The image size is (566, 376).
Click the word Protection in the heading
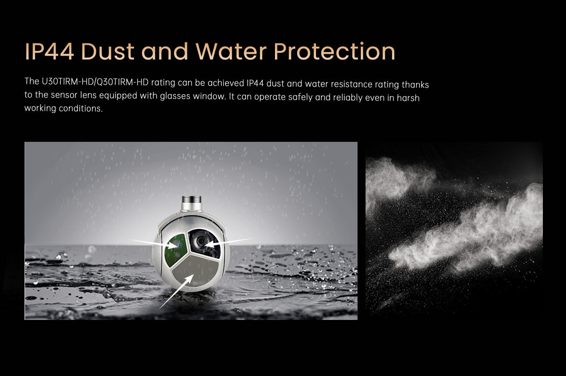pos(334,51)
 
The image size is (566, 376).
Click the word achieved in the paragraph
pos(224,84)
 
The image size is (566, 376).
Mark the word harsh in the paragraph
pos(408,98)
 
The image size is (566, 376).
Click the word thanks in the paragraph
pos(415,84)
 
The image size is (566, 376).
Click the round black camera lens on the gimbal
pos(200,241)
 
